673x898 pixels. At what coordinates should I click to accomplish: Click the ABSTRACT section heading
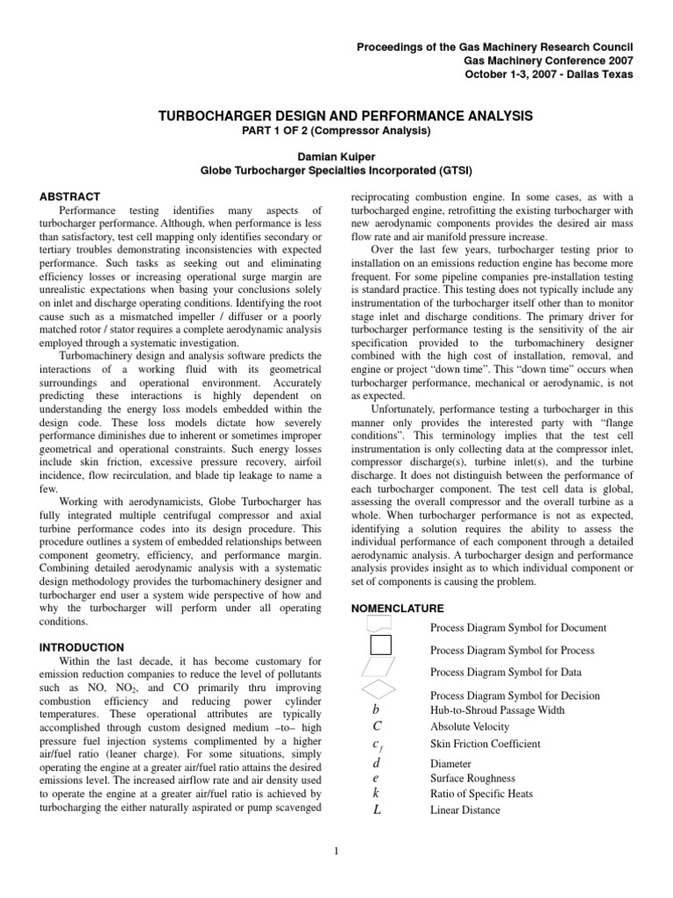[x=70, y=196]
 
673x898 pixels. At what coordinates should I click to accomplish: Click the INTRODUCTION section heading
[x=82, y=646]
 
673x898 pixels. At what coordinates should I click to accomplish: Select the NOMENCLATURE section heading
[x=397, y=608]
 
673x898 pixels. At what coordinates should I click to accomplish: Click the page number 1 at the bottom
[x=337, y=848]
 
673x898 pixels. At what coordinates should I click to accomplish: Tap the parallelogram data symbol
[x=379, y=668]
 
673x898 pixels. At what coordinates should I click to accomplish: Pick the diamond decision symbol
[x=379, y=691]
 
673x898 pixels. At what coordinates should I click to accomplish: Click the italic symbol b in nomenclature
[x=376, y=709]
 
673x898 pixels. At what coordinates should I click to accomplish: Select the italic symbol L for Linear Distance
[x=377, y=809]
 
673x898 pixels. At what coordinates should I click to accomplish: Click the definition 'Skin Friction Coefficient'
[x=485, y=744]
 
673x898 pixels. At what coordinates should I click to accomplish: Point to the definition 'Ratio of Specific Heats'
[x=481, y=794]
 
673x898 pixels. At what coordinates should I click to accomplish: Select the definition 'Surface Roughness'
[x=472, y=778]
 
